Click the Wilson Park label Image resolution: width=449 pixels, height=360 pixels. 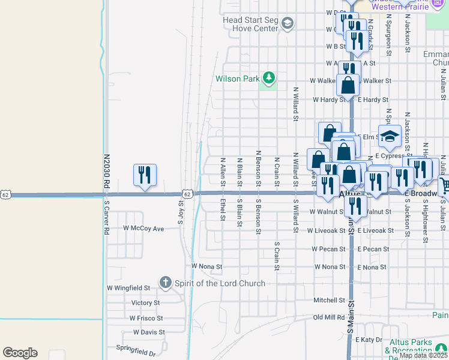point(238,78)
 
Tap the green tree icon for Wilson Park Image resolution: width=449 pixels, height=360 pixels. point(270,78)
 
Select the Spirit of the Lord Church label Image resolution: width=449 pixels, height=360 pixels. point(218,283)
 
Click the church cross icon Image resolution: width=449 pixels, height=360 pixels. point(165,282)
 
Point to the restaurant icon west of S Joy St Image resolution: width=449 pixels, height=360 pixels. point(145,175)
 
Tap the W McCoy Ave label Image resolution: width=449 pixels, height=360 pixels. point(143,229)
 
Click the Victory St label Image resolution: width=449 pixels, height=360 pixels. point(145,303)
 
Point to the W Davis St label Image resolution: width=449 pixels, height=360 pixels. point(149,332)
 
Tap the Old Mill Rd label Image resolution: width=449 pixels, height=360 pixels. point(329,317)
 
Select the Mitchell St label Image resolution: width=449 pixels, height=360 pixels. point(329,300)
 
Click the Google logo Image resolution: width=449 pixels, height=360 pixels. point(20,352)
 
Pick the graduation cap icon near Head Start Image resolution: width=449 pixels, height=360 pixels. point(287,24)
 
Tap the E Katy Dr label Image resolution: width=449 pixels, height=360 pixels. point(369,340)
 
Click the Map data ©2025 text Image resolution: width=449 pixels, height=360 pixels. point(422,355)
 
